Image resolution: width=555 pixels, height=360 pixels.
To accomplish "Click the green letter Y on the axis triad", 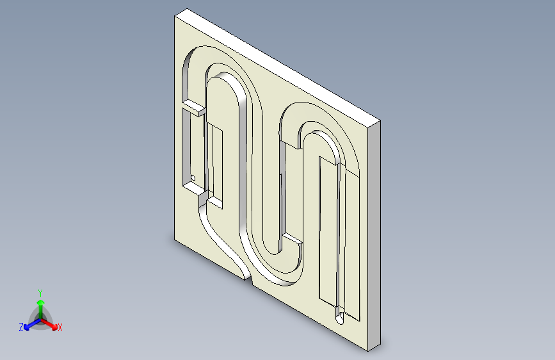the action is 40,293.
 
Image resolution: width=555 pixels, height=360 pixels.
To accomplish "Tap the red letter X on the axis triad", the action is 60,327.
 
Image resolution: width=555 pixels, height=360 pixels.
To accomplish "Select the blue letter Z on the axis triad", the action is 21,327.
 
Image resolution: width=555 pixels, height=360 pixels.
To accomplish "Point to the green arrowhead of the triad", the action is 41,302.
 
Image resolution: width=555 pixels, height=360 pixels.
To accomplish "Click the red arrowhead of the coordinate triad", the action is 54,326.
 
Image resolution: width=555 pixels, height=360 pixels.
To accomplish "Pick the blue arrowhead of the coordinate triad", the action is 28,327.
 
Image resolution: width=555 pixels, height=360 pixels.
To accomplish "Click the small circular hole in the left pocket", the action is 193,178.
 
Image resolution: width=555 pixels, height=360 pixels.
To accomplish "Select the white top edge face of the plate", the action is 278,65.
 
